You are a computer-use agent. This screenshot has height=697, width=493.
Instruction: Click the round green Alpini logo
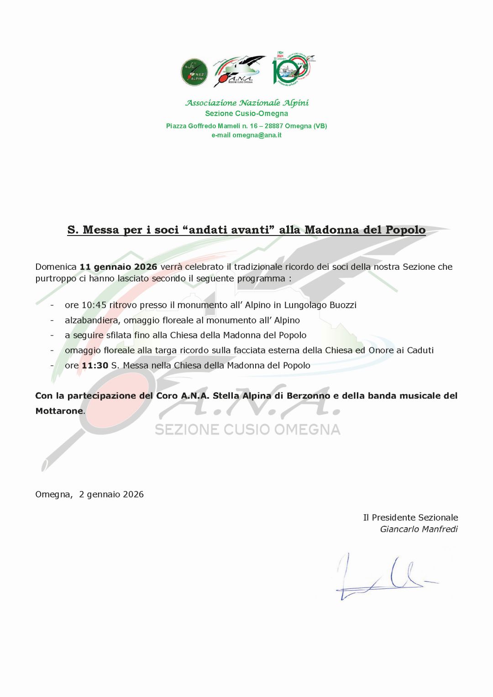[194, 72]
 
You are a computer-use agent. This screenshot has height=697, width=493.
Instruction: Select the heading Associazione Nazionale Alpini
[246, 103]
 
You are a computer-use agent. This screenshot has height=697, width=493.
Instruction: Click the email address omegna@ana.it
[257, 135]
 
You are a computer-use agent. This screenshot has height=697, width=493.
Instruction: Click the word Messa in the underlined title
[100, 230]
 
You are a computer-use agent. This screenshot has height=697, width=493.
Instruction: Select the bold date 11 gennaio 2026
[118, 267]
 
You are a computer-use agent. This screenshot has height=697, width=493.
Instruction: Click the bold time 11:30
[95, 366]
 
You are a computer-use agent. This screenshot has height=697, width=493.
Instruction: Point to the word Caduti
[420, 351]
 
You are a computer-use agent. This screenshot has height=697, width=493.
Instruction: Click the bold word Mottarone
[59, 411]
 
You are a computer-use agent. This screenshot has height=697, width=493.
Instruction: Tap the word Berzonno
[308, 396]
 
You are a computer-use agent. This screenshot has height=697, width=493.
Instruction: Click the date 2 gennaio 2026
[111, 494]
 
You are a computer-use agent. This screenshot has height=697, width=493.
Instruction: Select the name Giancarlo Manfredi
[419, 529]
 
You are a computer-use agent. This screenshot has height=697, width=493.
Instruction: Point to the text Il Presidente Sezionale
[410, 518]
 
